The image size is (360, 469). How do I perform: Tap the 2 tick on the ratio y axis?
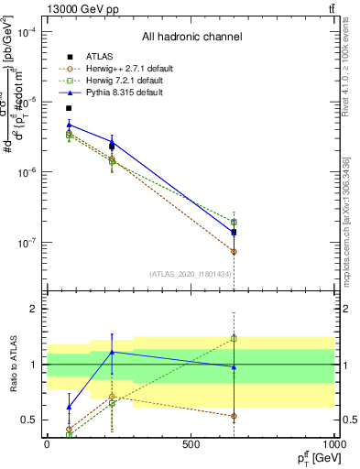coord(35,309)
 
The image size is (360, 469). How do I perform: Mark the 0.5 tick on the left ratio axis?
coord(32,420)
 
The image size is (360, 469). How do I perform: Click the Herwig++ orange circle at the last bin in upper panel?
coord(234,251)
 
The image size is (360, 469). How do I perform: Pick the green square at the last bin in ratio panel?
coord(234,338)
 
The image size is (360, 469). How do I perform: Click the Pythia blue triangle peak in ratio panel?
coord(112,352)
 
